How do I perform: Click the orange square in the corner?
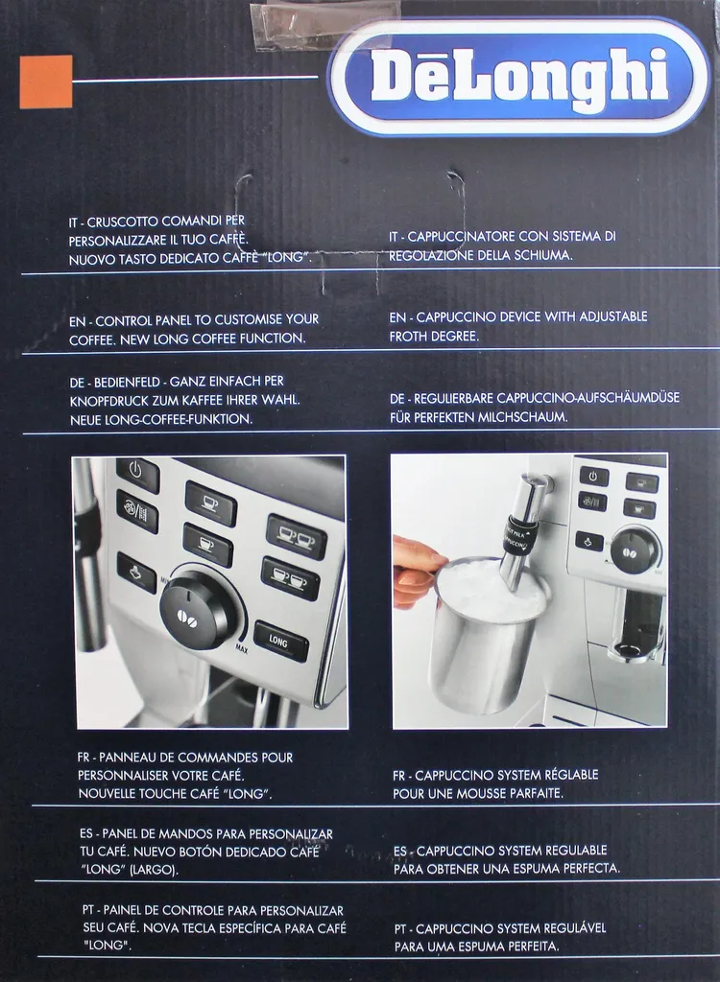click(x=45, y=82)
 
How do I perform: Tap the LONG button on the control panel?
click(x=280, y=642)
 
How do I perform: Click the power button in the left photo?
click(x=136, y=474)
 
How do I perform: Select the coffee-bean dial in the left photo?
click(x=200, y=610)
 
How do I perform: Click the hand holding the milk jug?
click(x=415, y=572)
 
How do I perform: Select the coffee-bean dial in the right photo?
click(x=636, y=549)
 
